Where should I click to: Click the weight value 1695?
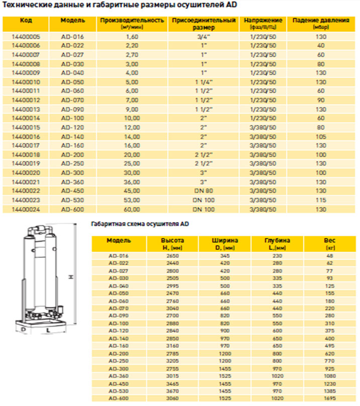click(x=330, y=398)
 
